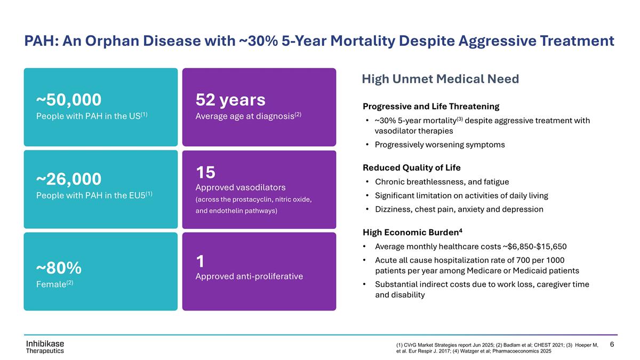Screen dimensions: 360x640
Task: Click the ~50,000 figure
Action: tap(69, 100)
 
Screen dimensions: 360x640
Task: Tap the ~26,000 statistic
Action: tap(69, 178)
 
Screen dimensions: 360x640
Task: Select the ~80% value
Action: tap(59, 267)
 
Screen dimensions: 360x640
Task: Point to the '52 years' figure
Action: tap(230, 100)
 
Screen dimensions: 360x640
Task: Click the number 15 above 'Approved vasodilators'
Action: tap(205, 172)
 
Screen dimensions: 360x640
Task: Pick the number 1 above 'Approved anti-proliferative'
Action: tap(201, 261)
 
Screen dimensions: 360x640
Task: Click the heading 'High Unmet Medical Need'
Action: tap(440, 79)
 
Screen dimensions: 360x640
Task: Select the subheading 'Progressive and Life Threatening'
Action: tap(431, 106)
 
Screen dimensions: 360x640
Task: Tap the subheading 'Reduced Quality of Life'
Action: tap(411, 167)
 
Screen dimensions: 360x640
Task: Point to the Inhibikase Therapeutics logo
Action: tap(45, 346)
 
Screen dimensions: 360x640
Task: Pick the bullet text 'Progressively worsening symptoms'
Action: tap(439, 145)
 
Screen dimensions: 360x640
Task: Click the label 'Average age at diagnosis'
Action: tap(245, 116)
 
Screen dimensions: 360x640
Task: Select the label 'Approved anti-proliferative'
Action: tap(250, 276)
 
